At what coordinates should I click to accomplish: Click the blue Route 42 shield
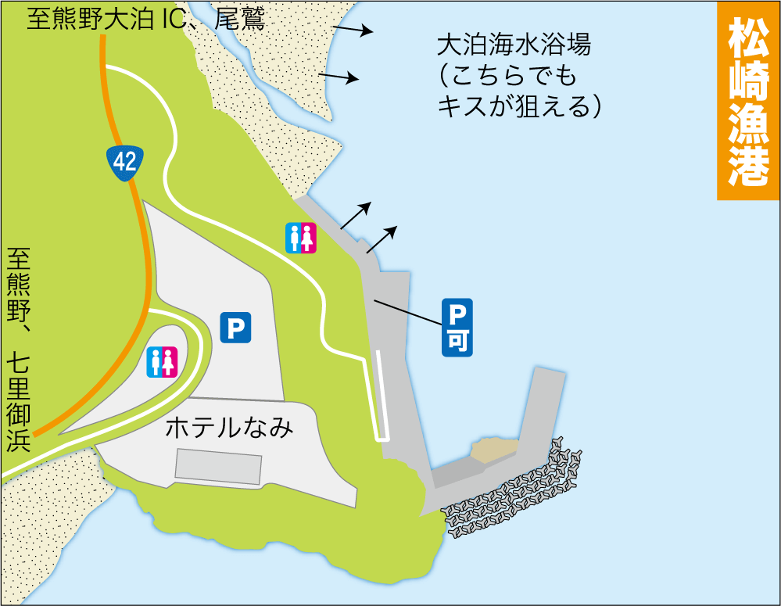coord(125,162)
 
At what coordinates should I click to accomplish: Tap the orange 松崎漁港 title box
coord(748,101)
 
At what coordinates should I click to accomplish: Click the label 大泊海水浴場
coord(513,45)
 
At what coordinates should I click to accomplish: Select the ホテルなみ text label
coord(229,427)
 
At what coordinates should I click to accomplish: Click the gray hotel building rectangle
coord(218,467)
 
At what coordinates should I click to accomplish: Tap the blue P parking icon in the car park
coord(235,328)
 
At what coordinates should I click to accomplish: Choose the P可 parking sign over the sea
coord(457,328)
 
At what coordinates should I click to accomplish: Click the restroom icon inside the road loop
coord(163,362)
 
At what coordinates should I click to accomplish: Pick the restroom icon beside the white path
coord(301,238)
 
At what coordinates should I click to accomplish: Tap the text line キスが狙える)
coord(519,106)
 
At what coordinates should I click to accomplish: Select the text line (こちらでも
coord(507,76)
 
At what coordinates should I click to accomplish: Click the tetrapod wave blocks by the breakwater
coord(512,493)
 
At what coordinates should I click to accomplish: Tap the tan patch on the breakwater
coord(492,449)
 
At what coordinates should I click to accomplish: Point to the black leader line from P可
coord(407,312)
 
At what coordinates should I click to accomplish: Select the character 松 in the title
coord(748,38)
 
